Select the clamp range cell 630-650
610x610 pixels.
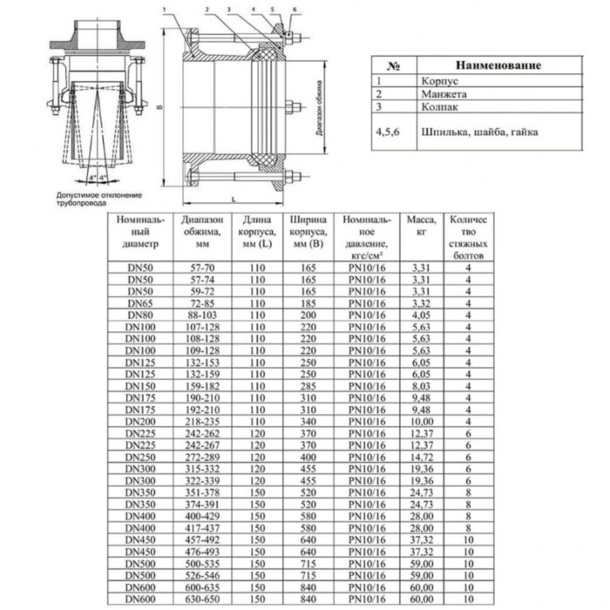[204, 600]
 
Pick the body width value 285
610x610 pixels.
[306, 384]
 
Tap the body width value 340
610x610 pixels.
[306, 421]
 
